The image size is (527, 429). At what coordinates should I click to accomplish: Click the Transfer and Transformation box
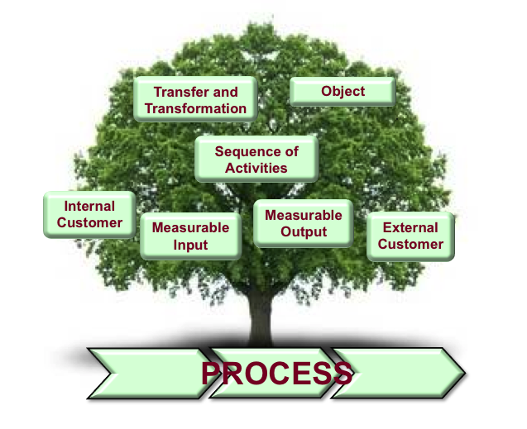click(195, 100)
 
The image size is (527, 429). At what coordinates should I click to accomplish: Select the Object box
click(343, 92)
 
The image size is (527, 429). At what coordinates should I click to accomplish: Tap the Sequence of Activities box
click(256, 160)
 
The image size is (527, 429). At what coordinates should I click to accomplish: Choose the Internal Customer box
click(89, 214)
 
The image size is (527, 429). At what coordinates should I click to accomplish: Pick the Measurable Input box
click(190, 236)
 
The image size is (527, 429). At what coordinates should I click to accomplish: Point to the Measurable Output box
click(303, 223)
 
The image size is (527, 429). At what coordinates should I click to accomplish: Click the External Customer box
click(410, 236)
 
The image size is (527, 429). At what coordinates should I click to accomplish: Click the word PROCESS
click(276, 374)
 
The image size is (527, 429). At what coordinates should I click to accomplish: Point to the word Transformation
click(196, 108)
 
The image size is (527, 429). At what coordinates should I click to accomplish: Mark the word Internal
click(89, 206)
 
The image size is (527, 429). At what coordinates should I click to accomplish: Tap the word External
click(410, 227)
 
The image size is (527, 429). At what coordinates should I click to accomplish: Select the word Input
click(190, 245)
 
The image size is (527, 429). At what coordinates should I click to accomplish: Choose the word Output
click(304, 232)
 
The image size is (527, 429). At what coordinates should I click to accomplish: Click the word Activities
click(256, 168)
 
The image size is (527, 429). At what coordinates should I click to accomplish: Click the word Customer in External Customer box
click(410, 244)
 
